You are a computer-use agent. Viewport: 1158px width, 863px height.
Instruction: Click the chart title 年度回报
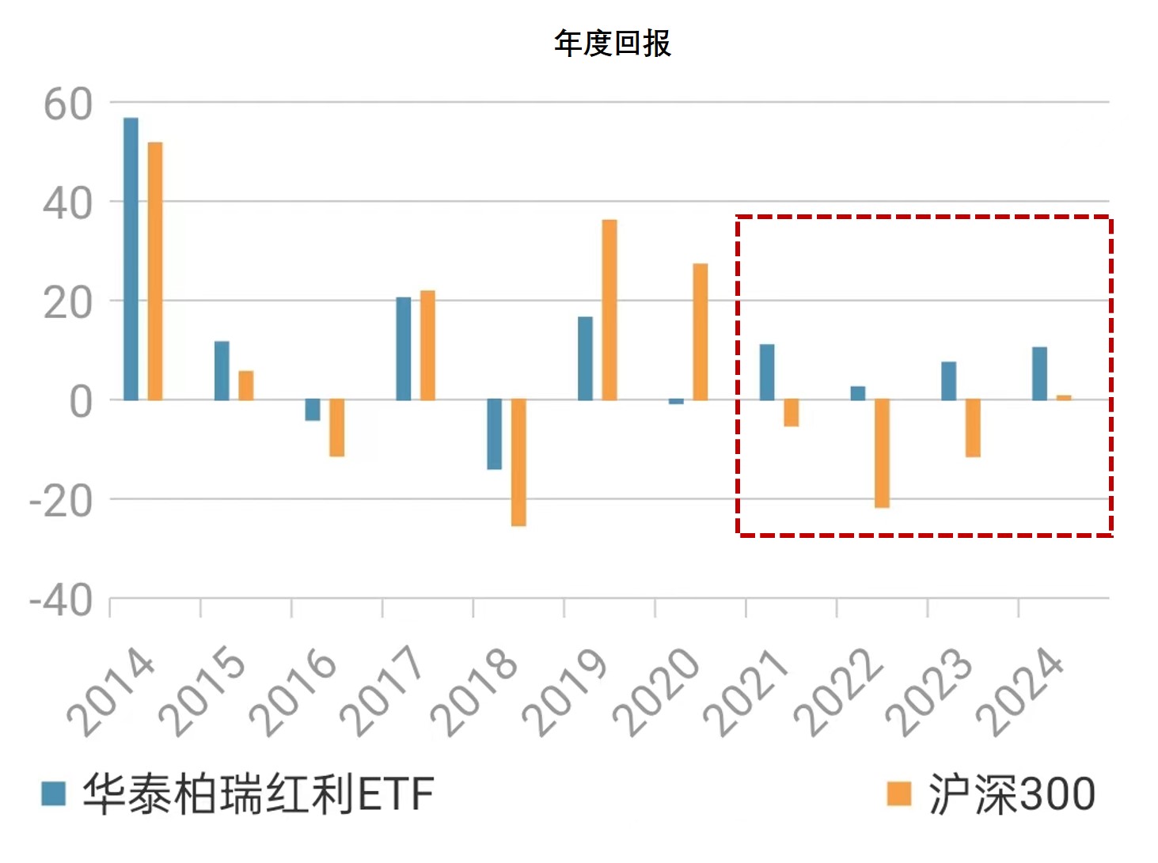pyautogui.click(x=612, y=43)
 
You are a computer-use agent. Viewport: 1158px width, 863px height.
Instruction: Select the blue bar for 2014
pyautogui.click(x=131, y=259)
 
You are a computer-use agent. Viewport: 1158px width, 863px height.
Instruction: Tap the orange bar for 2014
pyautogui.click(x=155, y=271)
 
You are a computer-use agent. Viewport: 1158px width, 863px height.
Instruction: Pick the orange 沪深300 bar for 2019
pyautogui.click(x=609, y=309)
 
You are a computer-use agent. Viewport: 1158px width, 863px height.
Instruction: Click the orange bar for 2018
pyautogui.click(x=518, y=462)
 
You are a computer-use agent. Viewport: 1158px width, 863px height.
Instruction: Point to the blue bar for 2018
pyautogui.click(x=494, y=434)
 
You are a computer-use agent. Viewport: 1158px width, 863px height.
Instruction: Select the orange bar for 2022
pyautogui.click(x=882, y=453)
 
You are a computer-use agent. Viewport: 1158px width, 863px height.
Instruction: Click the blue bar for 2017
pyautogui.click(x=404, y=349)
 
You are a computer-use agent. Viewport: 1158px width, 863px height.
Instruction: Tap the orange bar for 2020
pyautogui.click(x=700, y=331)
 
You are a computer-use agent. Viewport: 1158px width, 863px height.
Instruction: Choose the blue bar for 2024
pyautogui.click(x=1039, y=373)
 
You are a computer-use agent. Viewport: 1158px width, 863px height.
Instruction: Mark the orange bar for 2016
pyautogui.click(x=337, y=428)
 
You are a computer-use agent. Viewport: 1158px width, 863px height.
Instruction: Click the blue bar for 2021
pyautogui.click(x=767, y=372)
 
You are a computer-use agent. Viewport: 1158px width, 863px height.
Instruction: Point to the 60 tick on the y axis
pyautogui.click(x=68, y=104)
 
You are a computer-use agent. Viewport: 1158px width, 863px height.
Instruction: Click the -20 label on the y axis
pyautogui.click(x=61, y=502)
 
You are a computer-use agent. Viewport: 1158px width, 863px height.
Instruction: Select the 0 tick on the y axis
pyautogui.click(x=81, y=402)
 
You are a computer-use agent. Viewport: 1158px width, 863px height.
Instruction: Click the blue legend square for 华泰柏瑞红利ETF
pyautogui.click(x=54, y=793)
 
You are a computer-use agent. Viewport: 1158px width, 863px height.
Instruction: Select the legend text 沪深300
pyautogui.click(x=1012, y=793)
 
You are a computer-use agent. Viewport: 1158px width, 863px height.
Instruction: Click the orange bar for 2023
pyautogui.click(x=973, y=428)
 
